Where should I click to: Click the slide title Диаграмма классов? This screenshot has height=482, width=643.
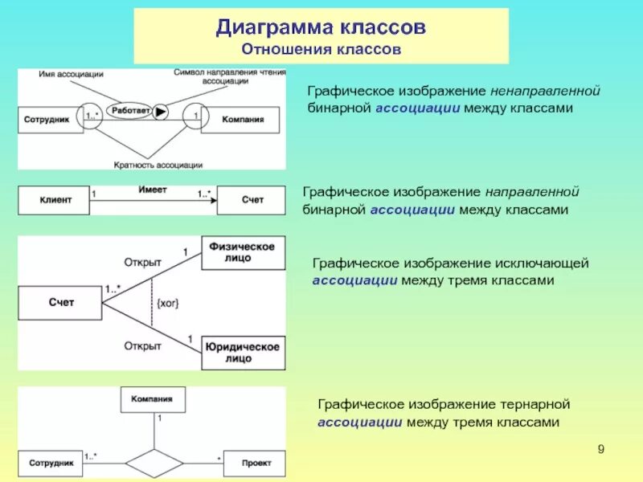point(320,27)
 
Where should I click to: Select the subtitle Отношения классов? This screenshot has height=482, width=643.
point(320,50)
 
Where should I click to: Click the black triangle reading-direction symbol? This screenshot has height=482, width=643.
point(162,112)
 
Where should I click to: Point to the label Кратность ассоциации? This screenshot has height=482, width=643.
point(158,165)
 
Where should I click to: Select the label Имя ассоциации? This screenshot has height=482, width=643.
point(71,74)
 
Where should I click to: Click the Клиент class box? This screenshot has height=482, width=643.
point(53,200)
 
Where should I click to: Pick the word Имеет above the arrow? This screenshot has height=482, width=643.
point(152,190)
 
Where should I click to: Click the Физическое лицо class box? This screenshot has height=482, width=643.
point(242,252)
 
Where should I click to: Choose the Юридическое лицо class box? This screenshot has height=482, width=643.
point(242,353)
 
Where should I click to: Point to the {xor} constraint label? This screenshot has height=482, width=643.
point(168,303)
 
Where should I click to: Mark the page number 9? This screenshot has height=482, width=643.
point(600,448)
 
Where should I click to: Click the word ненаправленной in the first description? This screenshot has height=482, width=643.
point(546,91)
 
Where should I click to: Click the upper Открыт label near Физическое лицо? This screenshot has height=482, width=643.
point(143,262)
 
